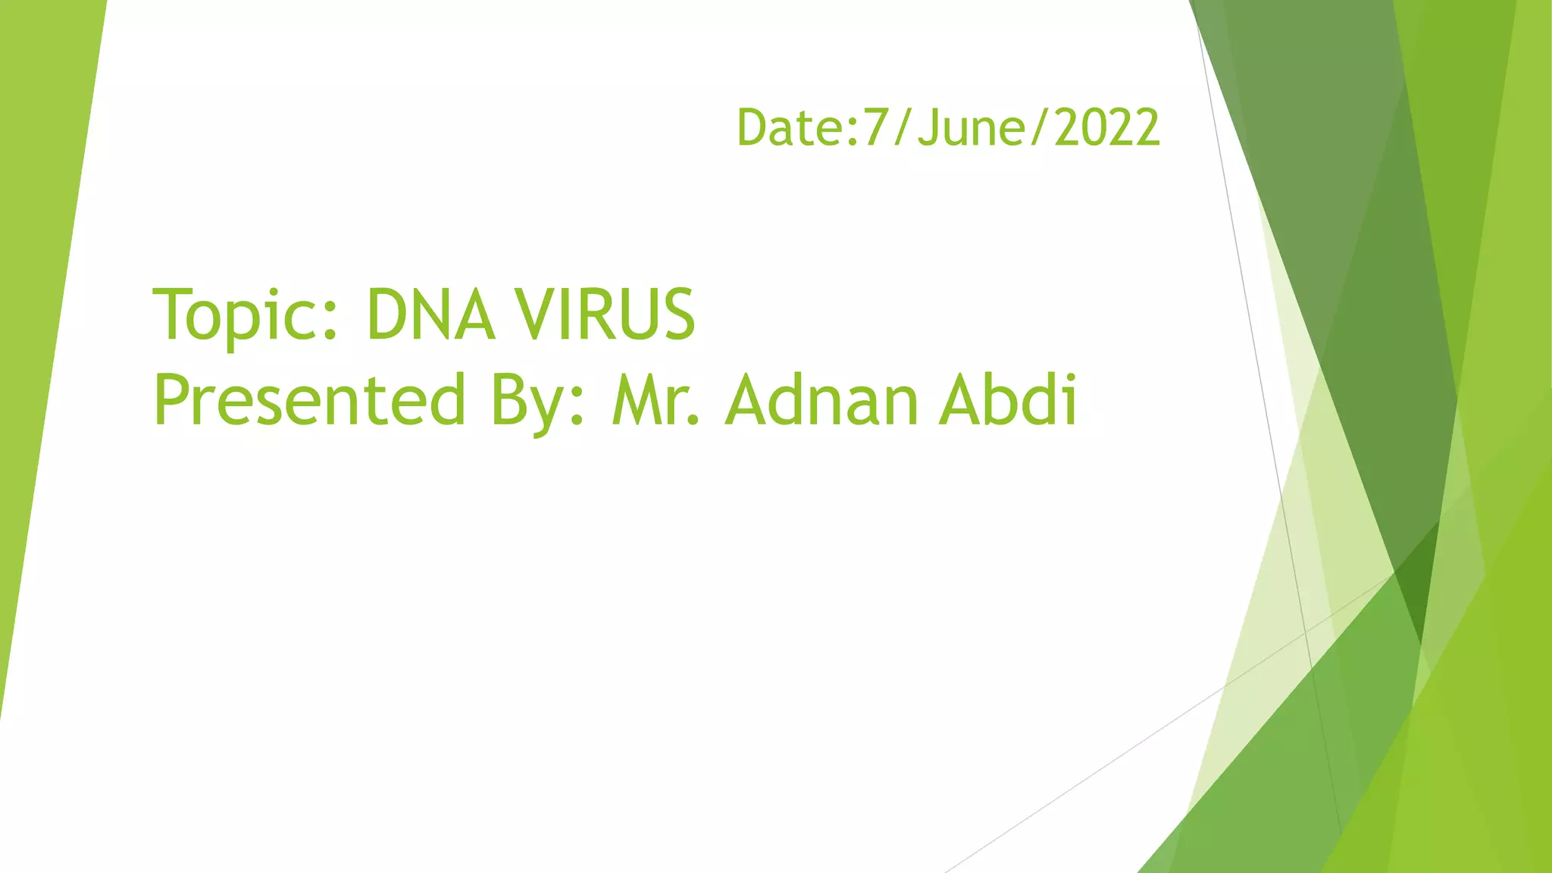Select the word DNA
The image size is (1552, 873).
pos(430,315)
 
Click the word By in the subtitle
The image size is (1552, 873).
pos(530,401)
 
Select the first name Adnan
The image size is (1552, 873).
pos(823,401)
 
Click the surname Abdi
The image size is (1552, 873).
pos(1008,401)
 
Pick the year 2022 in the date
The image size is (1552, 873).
pos(1107,127)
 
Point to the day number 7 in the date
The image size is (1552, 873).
pos(875,127)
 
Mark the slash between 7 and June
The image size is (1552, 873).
pos(903,127)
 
